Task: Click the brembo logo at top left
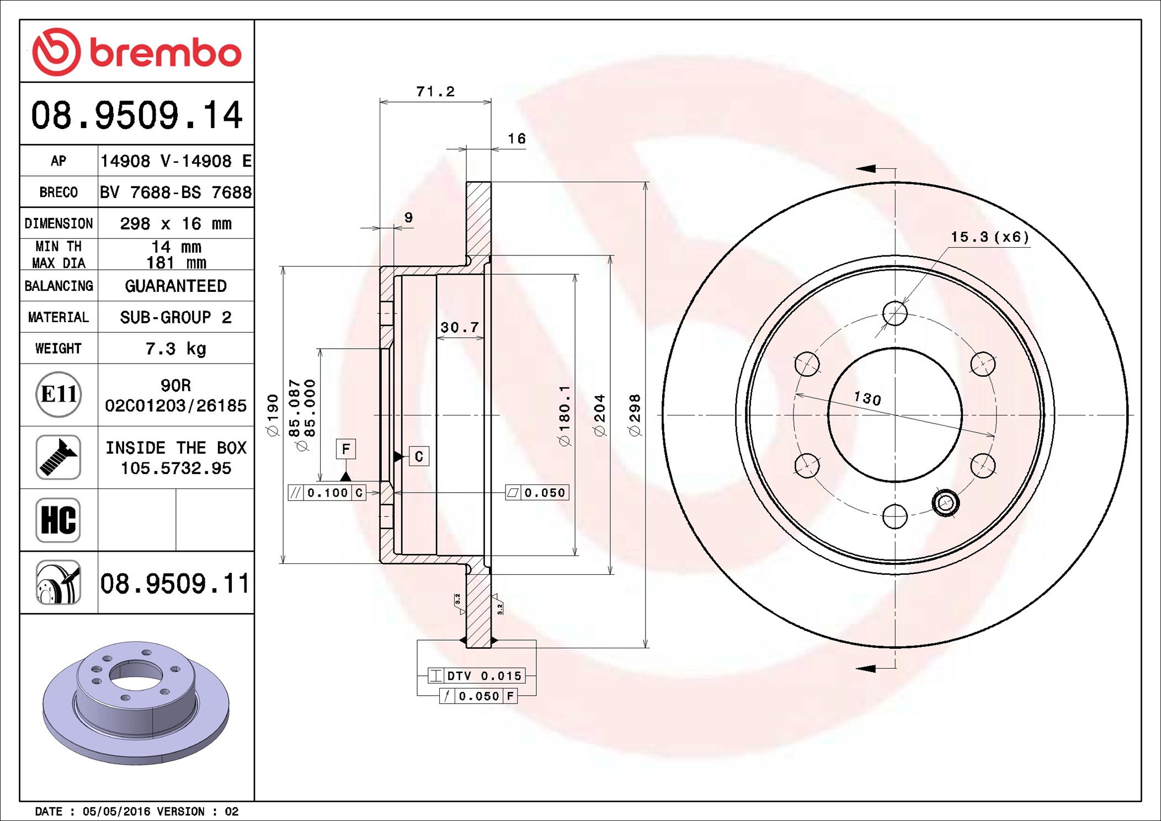click(137, 52)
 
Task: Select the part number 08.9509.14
click(137, 115)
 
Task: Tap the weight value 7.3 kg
click(175, 349)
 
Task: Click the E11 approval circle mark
click(58, 394)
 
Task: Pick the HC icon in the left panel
click(58, 520)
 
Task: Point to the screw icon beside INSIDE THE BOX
click(58, 457)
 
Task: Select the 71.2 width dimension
click(435, 92)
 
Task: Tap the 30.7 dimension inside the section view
click(460, 328)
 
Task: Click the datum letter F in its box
click(346, 449)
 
